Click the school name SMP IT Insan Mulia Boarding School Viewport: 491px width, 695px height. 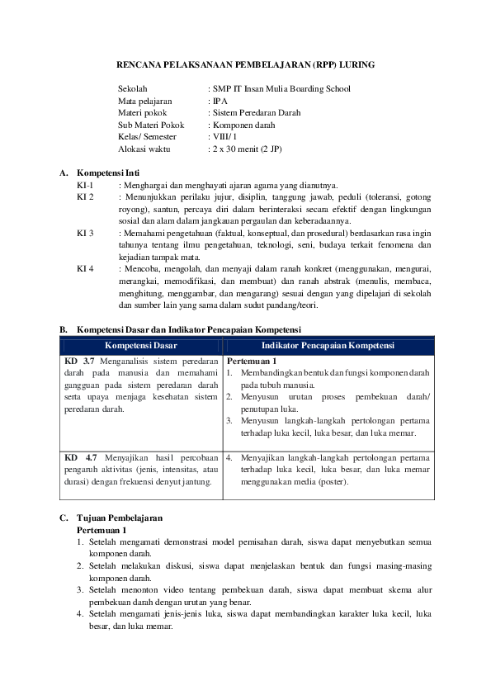pyautogui.click(x=281, y=89)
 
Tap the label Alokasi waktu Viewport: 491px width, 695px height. pyautogui.click(x=144, y=148)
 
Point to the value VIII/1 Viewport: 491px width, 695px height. pyautogui.click(x=224, y=136)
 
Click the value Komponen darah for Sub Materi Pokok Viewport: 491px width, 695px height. pyautogui.click(x=243, y=125)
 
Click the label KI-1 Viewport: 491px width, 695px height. pyautogui.click(x=86, y=186)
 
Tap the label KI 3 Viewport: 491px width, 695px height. pyautogui.click(x=86, y=234)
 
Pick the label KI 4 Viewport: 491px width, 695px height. pyautogui.click(x=86, y=269)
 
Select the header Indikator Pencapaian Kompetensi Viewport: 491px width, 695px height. pyautogui.click(x=328, y=345)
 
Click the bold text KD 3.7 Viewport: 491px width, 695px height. pyautogui.click(x=80, y=361)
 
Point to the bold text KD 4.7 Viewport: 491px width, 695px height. pyautogui.click(x=80, y=456)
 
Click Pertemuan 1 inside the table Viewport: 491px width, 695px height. pyautogui.click(x=251, y=361)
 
